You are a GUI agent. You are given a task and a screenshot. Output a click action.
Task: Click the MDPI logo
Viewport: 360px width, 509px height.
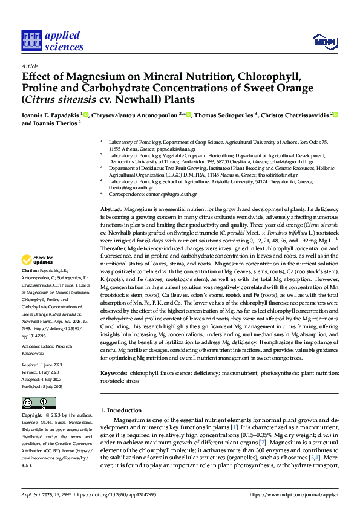[323, 41]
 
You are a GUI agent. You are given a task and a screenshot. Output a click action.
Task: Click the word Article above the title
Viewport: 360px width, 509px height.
[29, 66]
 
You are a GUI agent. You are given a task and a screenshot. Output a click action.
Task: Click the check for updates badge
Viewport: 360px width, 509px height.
[38, 260]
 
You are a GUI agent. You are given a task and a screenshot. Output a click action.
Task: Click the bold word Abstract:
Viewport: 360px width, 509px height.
[111, 208]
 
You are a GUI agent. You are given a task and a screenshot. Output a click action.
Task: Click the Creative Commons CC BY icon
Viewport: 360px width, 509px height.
[38, 403]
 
